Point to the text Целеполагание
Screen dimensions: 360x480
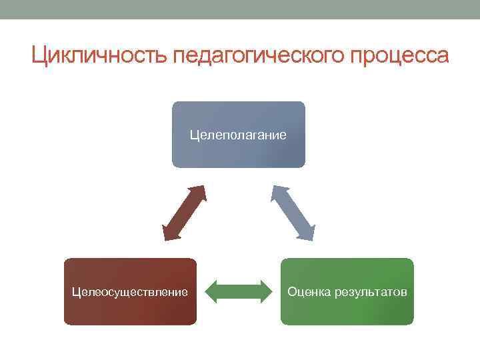[x=238, y=135]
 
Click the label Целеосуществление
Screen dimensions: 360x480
[x=130, y=292]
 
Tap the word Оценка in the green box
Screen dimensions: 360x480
[x=307, y=292]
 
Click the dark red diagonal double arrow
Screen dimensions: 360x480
[x=184, y=213]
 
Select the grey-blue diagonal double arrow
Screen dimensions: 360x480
[x=292, y=213]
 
